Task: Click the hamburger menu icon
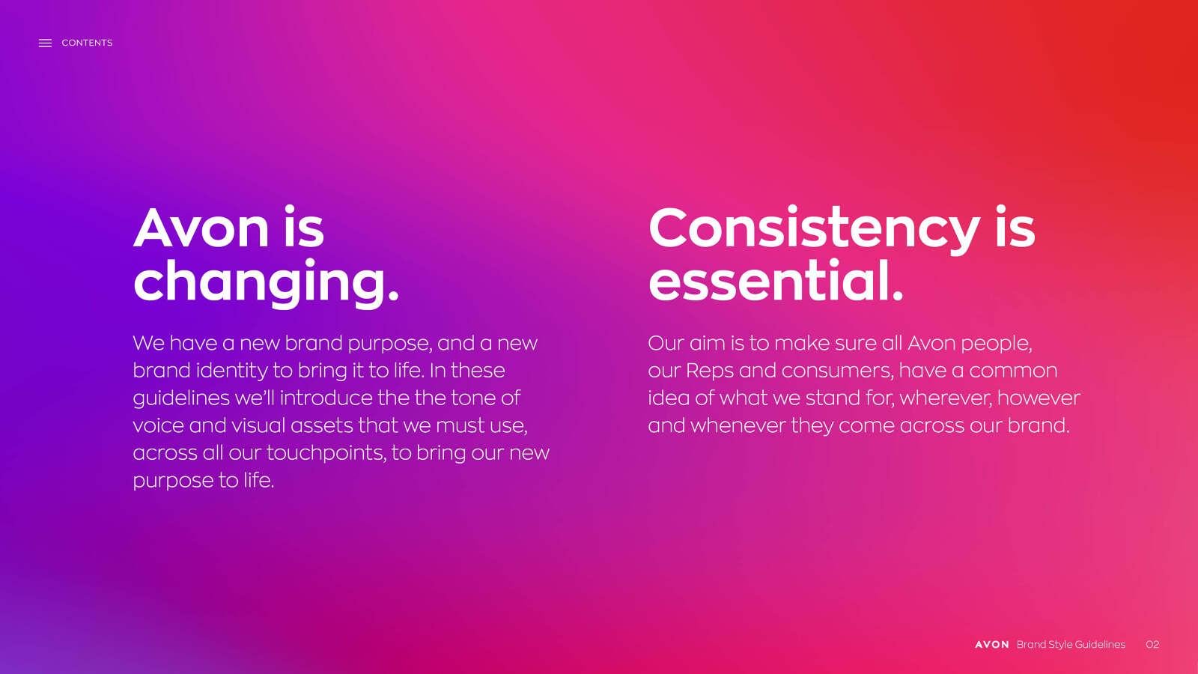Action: point(45,43)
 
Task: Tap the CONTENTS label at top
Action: point(87,43)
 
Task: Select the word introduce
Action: point(326,398)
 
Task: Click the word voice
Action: point(158,426)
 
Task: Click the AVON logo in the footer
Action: point(992,645)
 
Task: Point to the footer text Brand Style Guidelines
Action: point(1071,645)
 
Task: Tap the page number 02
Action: point(1152,645)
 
